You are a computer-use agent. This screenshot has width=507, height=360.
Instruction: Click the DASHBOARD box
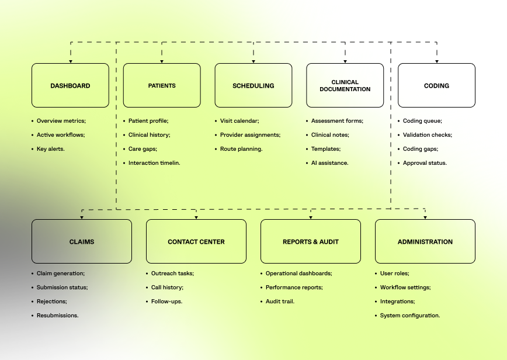[x=70, y=85]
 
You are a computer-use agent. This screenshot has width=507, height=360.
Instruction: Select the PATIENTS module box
[x=162, y=85]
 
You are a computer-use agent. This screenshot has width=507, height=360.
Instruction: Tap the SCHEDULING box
[x=254, y=85]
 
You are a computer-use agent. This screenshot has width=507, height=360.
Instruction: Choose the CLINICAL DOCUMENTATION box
[x=345, y=85]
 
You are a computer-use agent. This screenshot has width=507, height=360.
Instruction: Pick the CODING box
[x=436, y=85]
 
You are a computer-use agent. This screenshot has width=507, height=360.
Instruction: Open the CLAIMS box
[x=82, y=241]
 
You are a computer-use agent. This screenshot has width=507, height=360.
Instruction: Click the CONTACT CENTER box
[x=196, y=241]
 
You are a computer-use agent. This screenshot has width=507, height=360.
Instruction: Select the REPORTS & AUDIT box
[x=311, y=241]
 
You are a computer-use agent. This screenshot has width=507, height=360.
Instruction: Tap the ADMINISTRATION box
[x=425, y=241]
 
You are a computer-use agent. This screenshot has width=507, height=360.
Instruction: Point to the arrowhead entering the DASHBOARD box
[x=71, y=61]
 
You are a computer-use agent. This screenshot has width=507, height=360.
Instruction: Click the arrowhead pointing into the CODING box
[x=437, y=61]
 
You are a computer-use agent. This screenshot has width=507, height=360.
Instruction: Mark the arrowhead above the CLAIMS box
[x=82, y=217]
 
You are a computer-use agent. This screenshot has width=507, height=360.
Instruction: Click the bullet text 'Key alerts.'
[x=51, y=149]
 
